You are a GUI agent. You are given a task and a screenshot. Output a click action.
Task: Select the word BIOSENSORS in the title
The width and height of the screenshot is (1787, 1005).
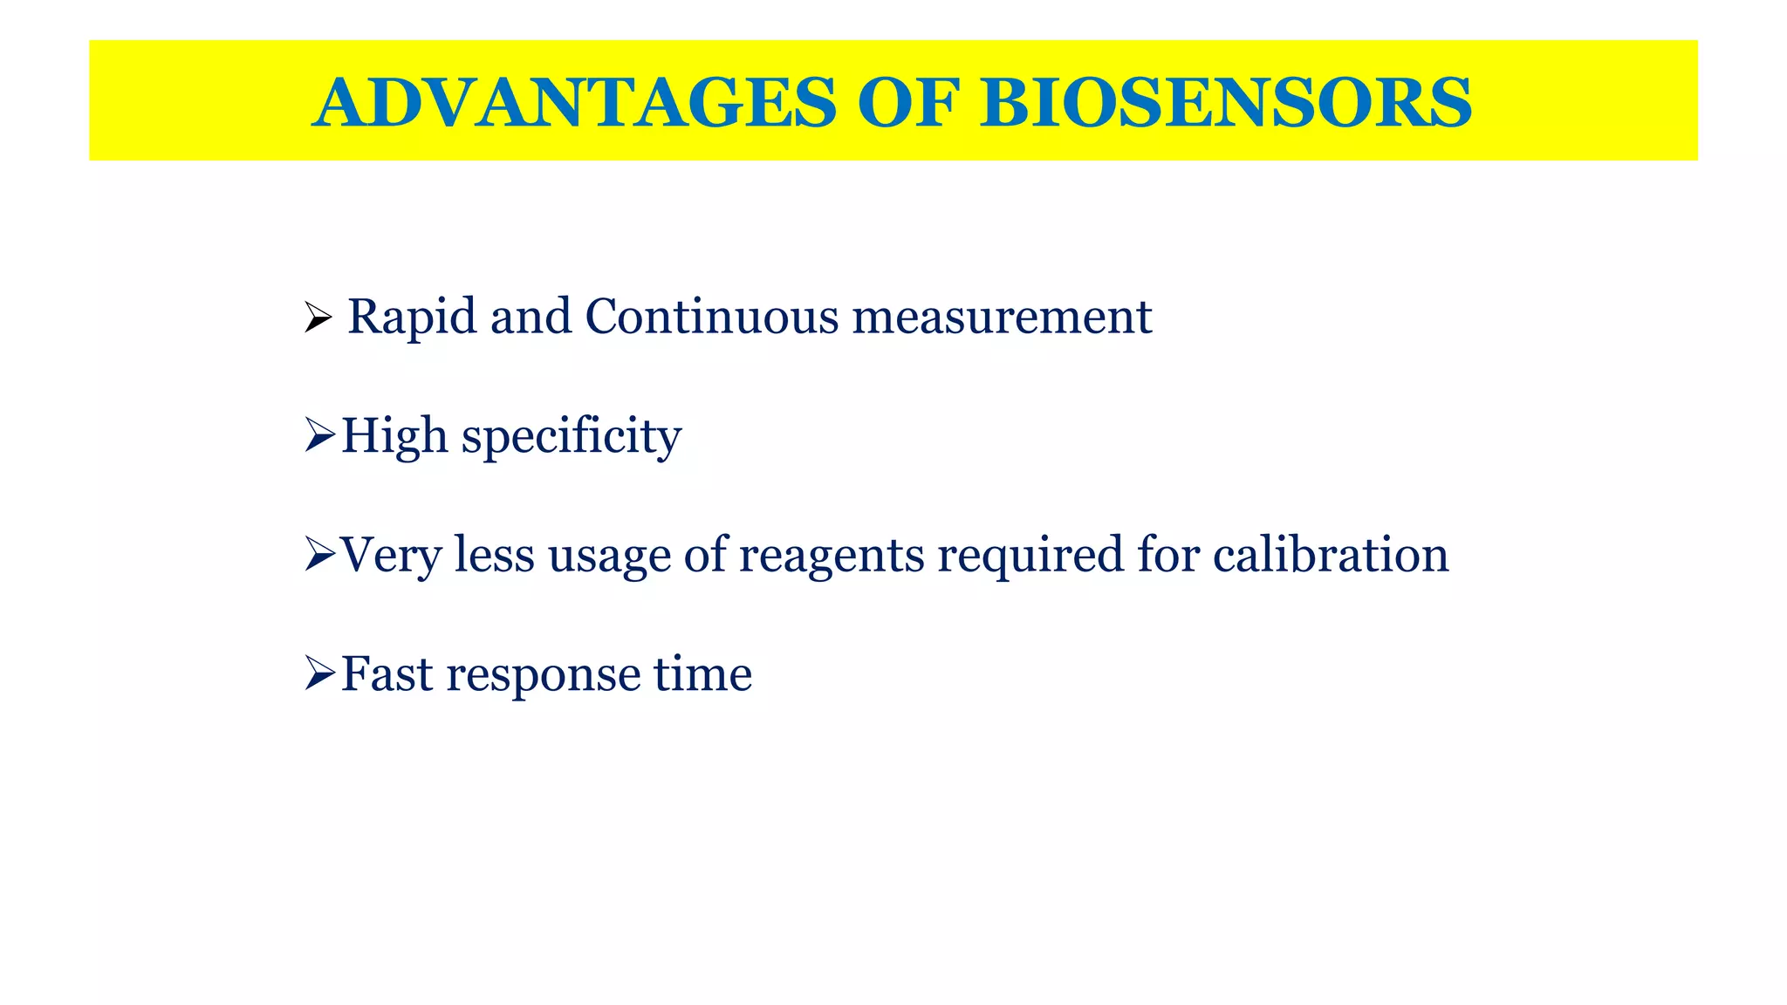tap(1226, 103)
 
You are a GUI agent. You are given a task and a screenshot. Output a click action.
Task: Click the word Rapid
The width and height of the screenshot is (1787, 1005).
tap(413, 318)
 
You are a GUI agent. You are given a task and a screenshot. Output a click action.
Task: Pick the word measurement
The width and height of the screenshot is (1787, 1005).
tap(1002, 318)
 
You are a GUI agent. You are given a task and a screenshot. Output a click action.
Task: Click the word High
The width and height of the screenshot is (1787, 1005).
tap(394, 435)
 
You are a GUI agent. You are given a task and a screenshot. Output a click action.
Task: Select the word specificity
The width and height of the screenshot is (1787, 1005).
tap(572, 437)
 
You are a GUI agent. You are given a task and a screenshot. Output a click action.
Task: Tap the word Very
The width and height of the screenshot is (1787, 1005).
tap(390, 556)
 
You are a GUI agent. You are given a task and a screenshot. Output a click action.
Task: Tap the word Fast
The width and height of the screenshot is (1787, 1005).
tap(387, 674)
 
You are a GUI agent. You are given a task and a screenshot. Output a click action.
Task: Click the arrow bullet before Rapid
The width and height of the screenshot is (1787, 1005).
tap(318, 318)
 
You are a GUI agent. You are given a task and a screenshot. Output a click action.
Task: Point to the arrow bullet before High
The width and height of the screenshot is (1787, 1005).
tap(320, 435)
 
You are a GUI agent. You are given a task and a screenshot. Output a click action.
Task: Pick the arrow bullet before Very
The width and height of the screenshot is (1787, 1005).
tap(320, 555)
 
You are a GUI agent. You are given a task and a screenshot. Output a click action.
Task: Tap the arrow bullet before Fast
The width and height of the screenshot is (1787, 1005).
tap(320, 673)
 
